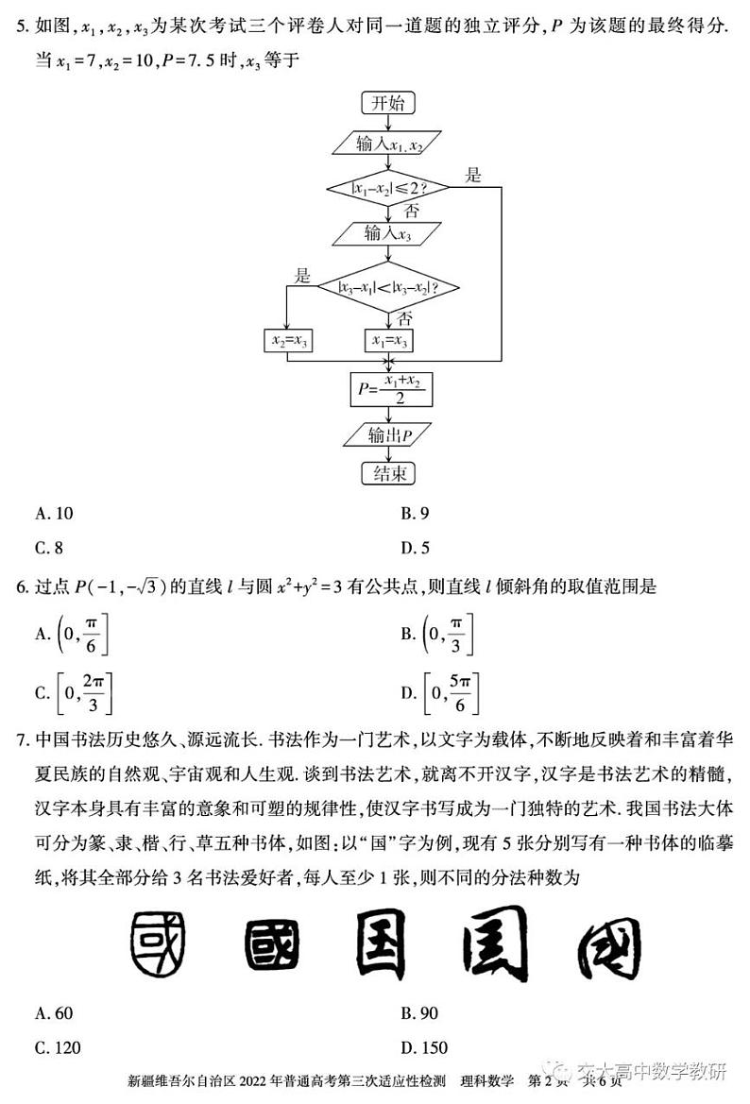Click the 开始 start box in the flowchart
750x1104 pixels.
pos(388,102)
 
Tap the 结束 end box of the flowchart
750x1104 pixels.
pos(388,472)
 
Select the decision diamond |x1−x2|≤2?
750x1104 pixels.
pos(388,187)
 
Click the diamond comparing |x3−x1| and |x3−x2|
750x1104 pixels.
pos(388,287)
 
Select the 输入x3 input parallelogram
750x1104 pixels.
pos(388,233)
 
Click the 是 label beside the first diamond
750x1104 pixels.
pos(473,174)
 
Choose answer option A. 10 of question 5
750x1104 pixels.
pos(55,514)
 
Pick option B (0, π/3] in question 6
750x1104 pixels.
pos(436,634)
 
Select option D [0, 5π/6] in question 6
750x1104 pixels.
pos(442,694)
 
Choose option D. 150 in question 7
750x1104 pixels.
pos(424,1047)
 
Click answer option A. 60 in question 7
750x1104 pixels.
pos(55,1013)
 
